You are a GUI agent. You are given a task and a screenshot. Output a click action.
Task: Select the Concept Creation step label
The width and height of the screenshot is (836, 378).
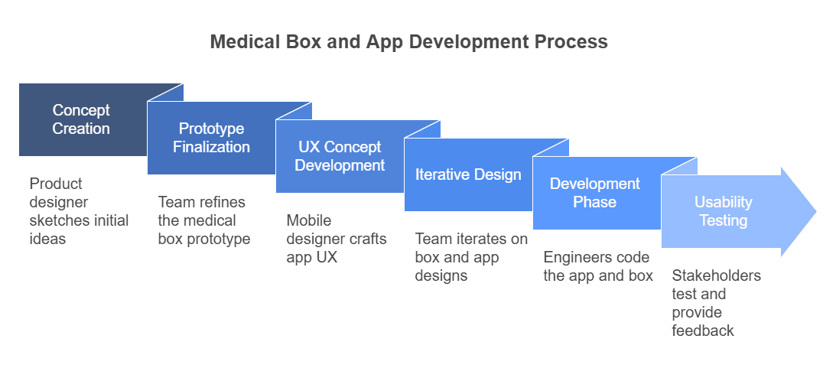pos(81,119)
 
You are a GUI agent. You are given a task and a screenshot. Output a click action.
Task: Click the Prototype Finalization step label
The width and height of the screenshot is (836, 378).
pos(211,138)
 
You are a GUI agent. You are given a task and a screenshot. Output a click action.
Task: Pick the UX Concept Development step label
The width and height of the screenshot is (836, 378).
pos(340,156)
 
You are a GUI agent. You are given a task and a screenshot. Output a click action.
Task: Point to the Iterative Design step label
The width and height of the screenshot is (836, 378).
pos(468,174)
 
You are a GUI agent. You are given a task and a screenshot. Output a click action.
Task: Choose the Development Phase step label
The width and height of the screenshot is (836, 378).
pos(595,193)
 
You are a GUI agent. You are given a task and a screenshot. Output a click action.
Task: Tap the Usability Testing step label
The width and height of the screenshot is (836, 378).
pos(723,211)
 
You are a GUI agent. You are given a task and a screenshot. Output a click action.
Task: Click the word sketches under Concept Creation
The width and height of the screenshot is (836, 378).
pos(57,220)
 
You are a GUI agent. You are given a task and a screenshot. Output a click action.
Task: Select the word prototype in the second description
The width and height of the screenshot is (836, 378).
pos(219,239)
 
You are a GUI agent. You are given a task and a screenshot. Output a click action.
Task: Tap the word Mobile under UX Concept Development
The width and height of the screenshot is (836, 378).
pos(308,220)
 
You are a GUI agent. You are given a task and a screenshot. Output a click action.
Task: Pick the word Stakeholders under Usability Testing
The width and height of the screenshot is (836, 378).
pos(716,275)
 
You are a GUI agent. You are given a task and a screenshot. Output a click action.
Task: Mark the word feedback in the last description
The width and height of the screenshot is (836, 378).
pos(703,331)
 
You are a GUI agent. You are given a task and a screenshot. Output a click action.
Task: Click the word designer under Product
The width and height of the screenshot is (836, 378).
pos(59,202)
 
